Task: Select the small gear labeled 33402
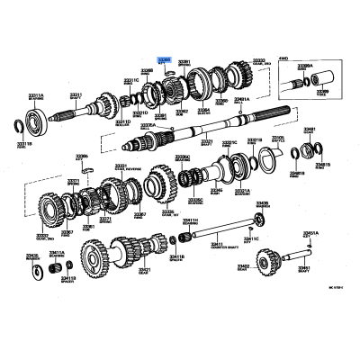tap(266, 262)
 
